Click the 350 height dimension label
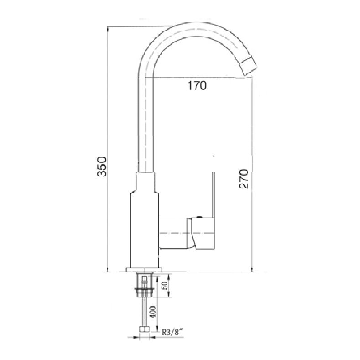click(x=102, y=167)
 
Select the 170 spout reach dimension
click(x=197, y=85)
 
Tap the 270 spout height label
click(x=244, y=179)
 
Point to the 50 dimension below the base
click(x=164, y=286)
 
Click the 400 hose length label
click(x=154, y=312)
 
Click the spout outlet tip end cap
click(x=249, y=67)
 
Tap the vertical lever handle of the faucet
click(x=214, y=195)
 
